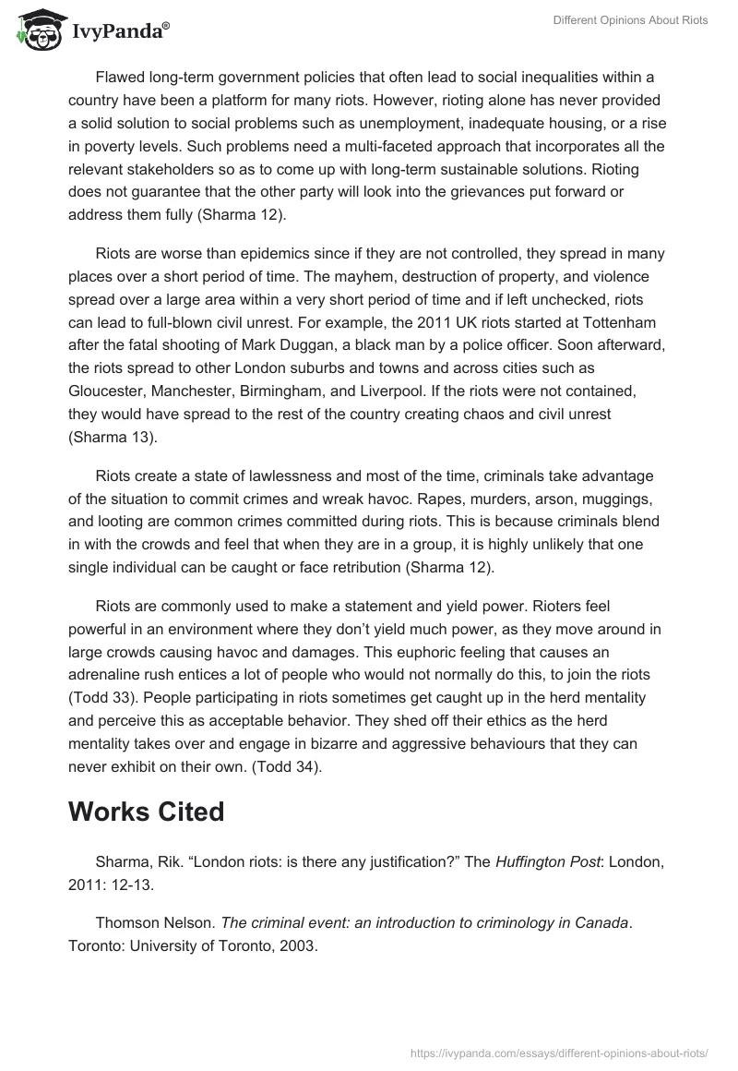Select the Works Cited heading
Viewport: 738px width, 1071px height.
coord(147,812)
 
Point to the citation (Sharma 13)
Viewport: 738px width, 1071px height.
coord(113,436)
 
